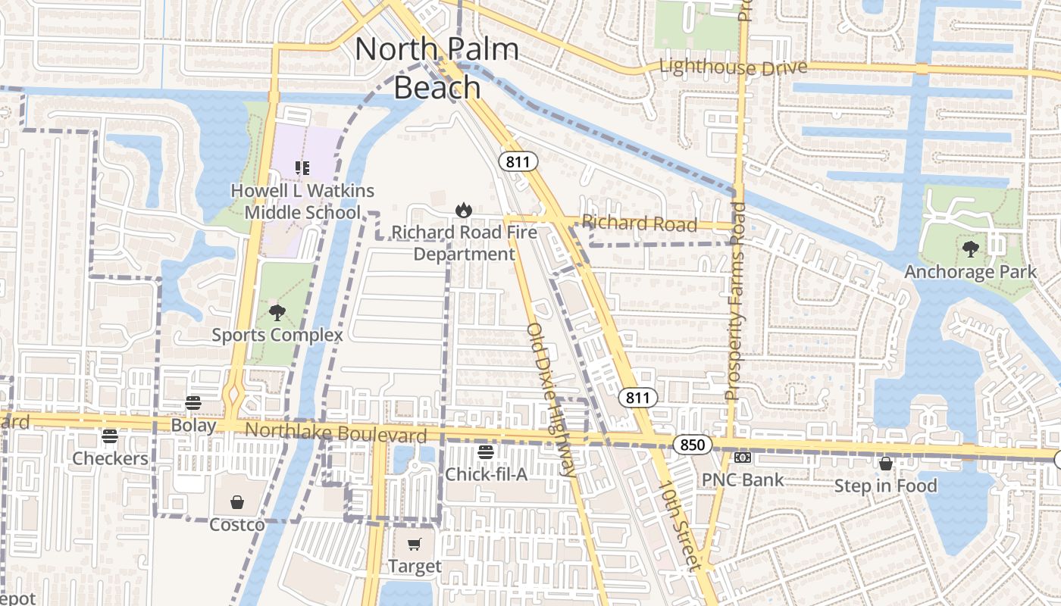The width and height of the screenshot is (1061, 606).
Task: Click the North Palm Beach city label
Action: coord(437,68)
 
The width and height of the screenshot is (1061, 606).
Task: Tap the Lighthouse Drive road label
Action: coord(733,67)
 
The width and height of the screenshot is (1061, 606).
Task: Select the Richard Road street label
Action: coord(640,223)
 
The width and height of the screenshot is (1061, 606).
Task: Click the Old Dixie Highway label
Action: coord(551,399)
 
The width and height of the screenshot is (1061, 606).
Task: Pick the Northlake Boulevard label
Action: coord(336,433)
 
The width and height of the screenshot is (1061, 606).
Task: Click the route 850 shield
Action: coord(692,445)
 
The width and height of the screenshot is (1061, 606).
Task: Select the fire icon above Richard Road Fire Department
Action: coord(463,209)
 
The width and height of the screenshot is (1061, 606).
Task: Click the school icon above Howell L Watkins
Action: coord(302,168)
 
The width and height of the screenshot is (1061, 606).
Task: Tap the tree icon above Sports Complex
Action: coord(277,313)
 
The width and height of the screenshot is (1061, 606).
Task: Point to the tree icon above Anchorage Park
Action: coord(970,249)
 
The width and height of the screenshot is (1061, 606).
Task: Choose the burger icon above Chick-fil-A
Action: coord(486,452)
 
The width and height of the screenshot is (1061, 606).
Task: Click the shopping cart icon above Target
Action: coord(414,545)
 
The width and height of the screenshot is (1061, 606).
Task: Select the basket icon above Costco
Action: coord(237,502)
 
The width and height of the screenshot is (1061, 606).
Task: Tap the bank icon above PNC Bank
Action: coord(743,458)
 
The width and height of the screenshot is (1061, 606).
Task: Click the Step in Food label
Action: coord(885,486)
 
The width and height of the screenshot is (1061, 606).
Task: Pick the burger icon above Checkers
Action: coord(110,436)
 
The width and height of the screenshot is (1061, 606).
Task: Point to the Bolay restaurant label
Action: coord(193,425)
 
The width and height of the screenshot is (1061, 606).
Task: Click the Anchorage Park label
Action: coord(970,272)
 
